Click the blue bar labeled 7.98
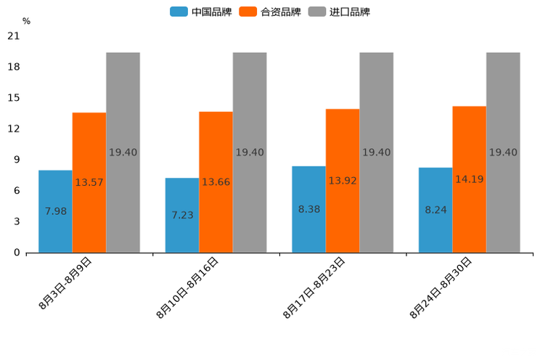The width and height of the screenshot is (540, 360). pos(55,211)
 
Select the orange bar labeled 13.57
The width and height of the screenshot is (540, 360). pos(89,182)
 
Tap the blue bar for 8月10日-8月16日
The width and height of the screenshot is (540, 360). pos(182,215)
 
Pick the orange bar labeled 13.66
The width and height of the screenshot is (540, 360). pos(216,182)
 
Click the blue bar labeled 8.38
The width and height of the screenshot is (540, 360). pos(308,209)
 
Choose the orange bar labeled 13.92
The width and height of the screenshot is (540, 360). pos(343,181)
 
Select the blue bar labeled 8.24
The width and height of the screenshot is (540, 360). pos(435,210)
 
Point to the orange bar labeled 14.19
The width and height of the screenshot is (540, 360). pos(469,179)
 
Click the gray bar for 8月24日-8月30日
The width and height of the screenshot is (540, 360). pos(503,152)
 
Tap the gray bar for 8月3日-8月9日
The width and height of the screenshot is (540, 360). pos(123,152)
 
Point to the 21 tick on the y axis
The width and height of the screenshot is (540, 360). pos(14,36)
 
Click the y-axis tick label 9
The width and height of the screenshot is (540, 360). pos(17,160)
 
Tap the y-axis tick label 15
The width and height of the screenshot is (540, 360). pos(14,98)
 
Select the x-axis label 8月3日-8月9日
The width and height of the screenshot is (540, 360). pos(65,284)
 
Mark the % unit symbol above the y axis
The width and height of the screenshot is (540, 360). pos(26,22)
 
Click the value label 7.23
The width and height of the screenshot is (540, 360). pos(182,216)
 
